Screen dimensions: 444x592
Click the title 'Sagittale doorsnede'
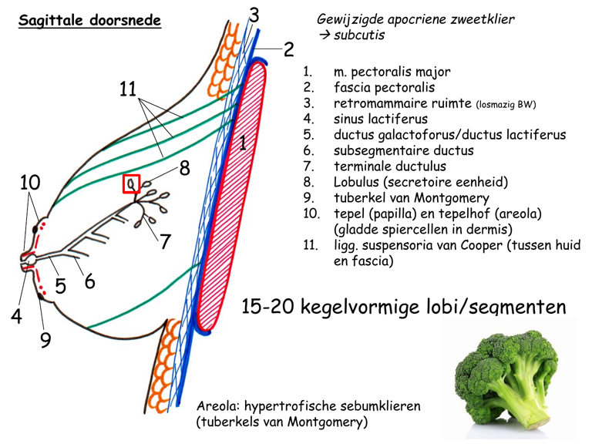tap(90, 21)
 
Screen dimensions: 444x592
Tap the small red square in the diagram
tap(132, 185)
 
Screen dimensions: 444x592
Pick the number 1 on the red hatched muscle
tap(242, 143)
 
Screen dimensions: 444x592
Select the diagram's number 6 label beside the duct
tap(89, 282)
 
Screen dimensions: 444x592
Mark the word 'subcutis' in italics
tap(359, 35)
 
